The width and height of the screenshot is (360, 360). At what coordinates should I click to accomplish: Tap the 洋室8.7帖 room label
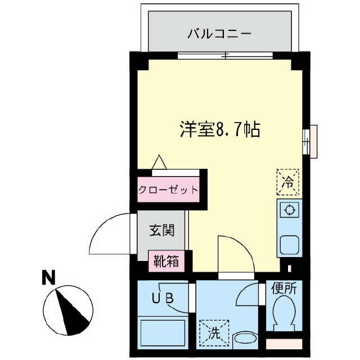click(219, 130)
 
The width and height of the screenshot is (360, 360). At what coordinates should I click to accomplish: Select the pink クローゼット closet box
click(168, 190)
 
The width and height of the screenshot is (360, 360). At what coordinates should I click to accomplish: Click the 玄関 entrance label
click(161, 230)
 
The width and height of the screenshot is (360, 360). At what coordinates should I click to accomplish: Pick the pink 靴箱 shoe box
click(166, 261)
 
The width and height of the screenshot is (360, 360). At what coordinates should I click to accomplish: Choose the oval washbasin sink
click(245, 339)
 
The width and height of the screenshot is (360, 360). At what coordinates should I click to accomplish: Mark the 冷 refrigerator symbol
click(288, 182)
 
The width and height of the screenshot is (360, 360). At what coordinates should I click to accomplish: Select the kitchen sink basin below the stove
click(290, 245)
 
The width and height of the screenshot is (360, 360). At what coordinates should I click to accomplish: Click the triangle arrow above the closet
click(159, 162)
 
